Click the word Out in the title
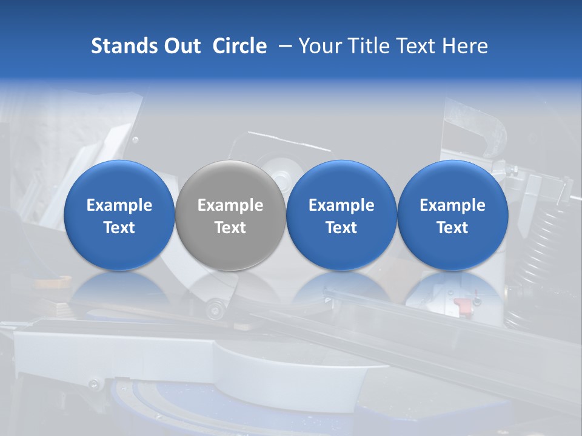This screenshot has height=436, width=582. coord(180,46)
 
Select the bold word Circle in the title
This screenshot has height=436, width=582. coord(239,46)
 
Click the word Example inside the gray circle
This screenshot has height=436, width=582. coord(230,205)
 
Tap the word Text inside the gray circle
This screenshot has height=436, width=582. coord(230,228)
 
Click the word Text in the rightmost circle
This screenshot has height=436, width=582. coord(452,228)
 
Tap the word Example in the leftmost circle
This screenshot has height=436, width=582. coord(119,205)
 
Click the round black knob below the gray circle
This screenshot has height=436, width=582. coord(213,311)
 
